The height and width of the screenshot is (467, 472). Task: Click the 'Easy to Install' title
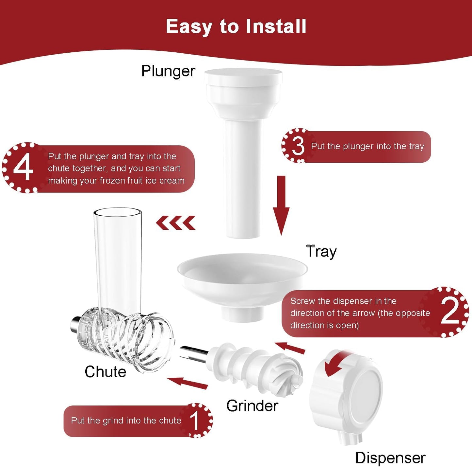pos(236,26)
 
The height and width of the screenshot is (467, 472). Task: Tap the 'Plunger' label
pos(168,71)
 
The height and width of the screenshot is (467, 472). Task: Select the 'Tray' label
pos(321,251)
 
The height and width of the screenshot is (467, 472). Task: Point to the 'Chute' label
pos(105,371)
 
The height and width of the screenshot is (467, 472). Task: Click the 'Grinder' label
pos(252,406)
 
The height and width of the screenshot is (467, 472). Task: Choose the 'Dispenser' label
pos(390,458)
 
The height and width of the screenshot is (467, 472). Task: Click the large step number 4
pos(23,168)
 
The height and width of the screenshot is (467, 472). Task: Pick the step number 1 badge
pos(195,421)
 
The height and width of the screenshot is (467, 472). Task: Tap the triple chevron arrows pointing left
pos(176,223)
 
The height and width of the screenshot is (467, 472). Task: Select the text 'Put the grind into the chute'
pos(126,421)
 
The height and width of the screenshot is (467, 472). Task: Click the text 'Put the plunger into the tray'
pos(367,146)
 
